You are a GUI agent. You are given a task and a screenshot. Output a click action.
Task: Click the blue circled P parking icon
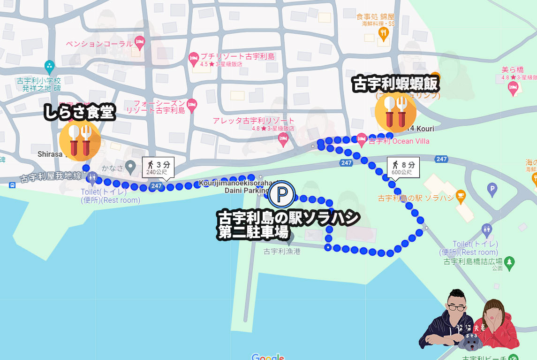pyautogui.click(x=282, y=194)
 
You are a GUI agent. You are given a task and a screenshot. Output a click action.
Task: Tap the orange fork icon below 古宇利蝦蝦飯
pyautogui.click(x=395, y=112)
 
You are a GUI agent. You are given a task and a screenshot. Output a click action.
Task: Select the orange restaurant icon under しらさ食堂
pyautogui.click(x=80, y=140)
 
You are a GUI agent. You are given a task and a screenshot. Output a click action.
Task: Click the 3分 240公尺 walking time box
pyautogui.click(x=158, y=167)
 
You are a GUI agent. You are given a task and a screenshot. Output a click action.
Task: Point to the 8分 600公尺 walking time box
pyautogui.click(x=402, y=167)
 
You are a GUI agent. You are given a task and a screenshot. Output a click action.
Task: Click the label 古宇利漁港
pyautogui.click(x=281, y=251)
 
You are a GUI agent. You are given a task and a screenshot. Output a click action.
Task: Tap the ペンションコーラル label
pyautogui.click(x=99, y=44)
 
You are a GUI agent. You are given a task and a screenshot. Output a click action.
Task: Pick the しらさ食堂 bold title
pyautogui.click(x=79, y=112)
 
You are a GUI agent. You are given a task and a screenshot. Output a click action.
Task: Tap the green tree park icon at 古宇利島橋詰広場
pyautogui.click(x=510, y=261)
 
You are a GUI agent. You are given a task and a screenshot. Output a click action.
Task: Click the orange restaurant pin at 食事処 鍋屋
pyautogui.click(x=384, y=33)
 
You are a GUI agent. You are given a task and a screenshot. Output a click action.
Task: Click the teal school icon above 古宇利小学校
pyautogui.click(x=49, y=66)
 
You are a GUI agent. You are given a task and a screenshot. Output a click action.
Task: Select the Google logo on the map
pyautogui.click(x=268, y=357)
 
